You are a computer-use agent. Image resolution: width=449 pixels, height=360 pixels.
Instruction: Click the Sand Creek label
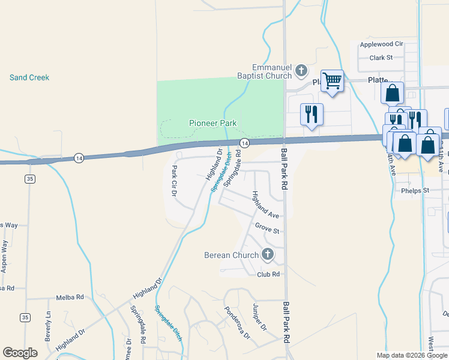click(x=29, y=77)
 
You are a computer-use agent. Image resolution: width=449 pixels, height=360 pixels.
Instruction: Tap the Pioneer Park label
click(x=212, y=123)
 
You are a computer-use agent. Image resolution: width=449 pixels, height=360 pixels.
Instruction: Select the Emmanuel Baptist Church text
click(x=271, y=71)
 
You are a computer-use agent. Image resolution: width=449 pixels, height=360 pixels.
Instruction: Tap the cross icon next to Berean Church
click(x=268, y=255)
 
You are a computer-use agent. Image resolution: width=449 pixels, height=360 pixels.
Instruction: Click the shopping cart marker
click(x=332, y=80)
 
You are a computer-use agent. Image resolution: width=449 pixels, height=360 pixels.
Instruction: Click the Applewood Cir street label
click(x=381, y=44)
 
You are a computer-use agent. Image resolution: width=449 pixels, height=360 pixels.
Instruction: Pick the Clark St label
click(x=381, y=58)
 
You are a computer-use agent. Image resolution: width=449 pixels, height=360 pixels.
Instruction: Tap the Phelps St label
click(x=415, y=191)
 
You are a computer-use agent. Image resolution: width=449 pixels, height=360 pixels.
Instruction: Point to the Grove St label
click(x=267, y=229)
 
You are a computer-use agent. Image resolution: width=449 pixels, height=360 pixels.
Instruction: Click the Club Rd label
click(x=268, y=274)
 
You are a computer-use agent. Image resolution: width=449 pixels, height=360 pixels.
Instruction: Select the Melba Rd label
click(x=70, y=297)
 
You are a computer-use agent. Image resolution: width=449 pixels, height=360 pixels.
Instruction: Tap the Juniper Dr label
click(x=259, y=316)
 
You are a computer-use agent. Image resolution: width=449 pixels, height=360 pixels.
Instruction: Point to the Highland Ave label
click(x=265, y=205)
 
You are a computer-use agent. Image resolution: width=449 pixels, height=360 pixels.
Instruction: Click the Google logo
click(x=20, y=353)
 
